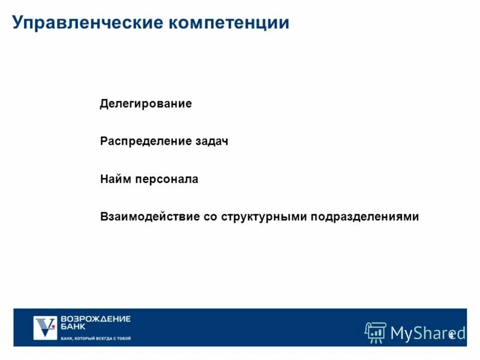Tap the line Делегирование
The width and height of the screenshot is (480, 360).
(x=146, y=104)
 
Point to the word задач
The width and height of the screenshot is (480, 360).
(x=211, y=142)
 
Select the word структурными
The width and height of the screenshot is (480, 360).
(x=264, y=217)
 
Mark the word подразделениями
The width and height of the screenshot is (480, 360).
(x=365, y=217)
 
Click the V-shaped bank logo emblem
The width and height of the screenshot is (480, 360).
(x=44, y=327)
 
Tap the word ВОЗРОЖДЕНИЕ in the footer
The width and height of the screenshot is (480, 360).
(x=95, y=319)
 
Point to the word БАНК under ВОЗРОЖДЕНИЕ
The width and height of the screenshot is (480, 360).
(x=73, y=327)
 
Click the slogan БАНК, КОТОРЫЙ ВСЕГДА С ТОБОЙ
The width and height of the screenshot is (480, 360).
(x=95, y=338)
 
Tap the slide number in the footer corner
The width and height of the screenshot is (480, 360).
(x=451, y=335)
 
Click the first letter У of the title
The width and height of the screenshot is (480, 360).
(x=18, y=23)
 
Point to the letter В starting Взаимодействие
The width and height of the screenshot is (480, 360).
(x=104, y=217)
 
